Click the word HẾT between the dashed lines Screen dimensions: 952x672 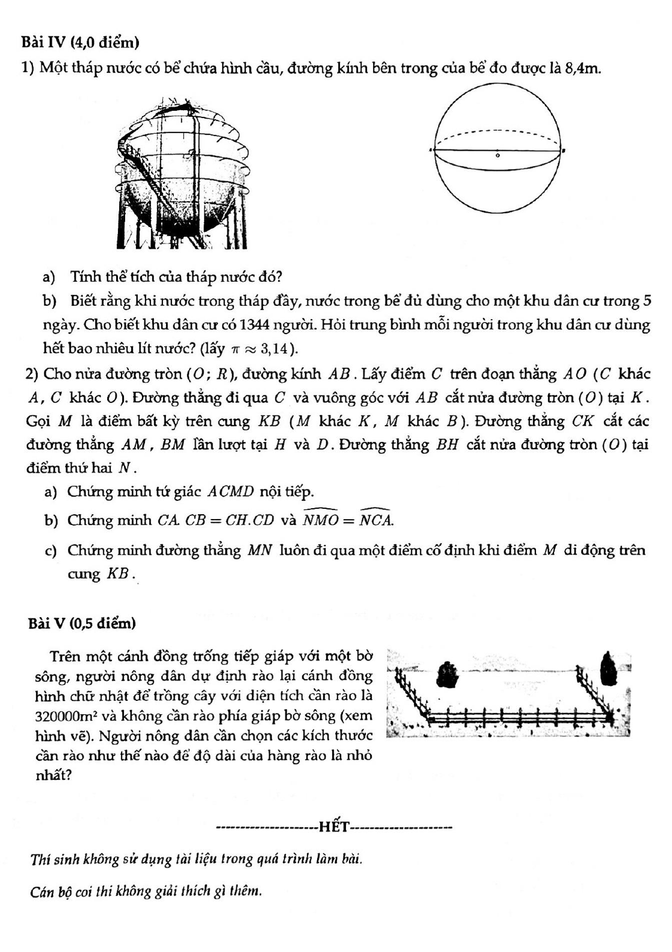click(x=334, y=826)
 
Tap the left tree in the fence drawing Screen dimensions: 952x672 click(x=448, y=673)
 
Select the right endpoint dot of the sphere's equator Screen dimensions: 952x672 click(x=563, y=150)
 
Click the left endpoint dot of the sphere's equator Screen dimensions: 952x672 click(x=431, y=150)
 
